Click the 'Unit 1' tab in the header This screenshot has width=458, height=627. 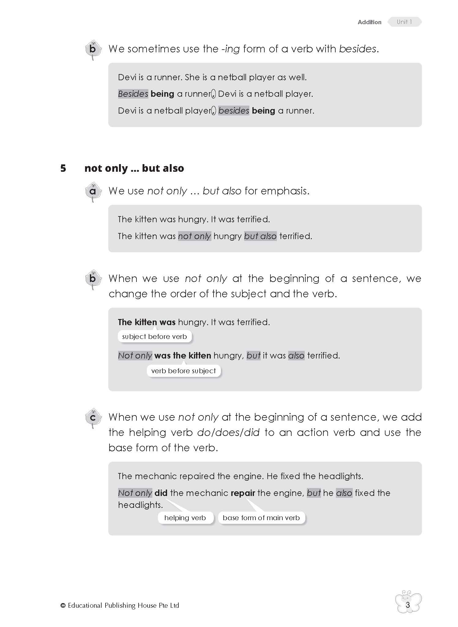pyautogui.click(x=404, y=22)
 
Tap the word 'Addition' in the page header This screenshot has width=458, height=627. pyautogui.click(x=369, y=22)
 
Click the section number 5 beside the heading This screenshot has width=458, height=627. pyautogui.click(x=63, y=168)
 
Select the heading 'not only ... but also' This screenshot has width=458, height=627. pyautogui.click(x=134, y=168)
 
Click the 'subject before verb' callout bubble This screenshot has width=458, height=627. pyautogui.click(x=154, y=336)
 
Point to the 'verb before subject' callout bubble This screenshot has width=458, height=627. pyautogui.click(x=183, y=371)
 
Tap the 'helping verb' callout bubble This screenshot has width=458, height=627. pyautogui.click(x=185, y=518)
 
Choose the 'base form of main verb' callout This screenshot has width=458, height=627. pyautogui.click(x=261, y=518)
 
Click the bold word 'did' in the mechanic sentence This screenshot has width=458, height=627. pyautogui.click(x=161, y=493)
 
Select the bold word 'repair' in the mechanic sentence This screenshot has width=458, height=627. pyautogui.click(x=243, y=493)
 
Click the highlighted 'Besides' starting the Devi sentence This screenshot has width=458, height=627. pyautogui.click(x=133, y=94)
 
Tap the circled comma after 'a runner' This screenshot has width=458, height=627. pyautogui.click(x=213, y=94)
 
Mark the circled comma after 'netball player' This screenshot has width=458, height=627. pyautogui.click(x=213, y=111)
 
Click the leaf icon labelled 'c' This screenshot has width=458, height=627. pyautogui.click(x=93, y=418)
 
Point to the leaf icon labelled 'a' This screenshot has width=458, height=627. pyautogui.click(x=93, y=192)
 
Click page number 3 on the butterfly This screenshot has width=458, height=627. pyautogui.click(x=408, y=605)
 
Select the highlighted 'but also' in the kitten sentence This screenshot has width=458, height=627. pyautogui.click(x=260, y=236)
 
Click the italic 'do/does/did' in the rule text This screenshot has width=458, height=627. pyautogui.click(x=228, y=432)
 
